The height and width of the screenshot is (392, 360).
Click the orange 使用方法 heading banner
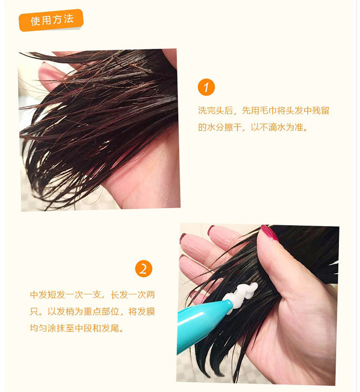51,20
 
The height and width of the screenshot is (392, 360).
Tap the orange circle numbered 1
206,87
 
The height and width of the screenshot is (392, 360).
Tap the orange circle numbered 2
144,269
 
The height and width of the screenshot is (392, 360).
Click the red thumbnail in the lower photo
269,233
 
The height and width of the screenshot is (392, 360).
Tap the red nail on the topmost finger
211,230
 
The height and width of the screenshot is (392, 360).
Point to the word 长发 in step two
119,295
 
